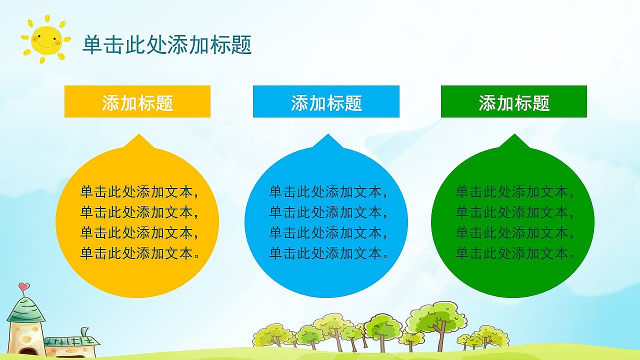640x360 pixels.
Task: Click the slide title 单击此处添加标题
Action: pyautogui.click(x=167, y=45)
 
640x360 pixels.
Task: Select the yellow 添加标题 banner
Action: pyautogui.click(x=137, y=102)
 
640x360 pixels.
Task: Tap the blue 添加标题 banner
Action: pyautogui.click(x=326, y=102)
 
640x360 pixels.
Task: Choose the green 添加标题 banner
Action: pyautogui.click(x=513, y=102)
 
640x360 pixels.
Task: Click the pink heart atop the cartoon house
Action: pyautogui.click(x=23, y=287)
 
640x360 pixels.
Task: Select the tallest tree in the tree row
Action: pyautogui.click(x=436, y=320)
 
